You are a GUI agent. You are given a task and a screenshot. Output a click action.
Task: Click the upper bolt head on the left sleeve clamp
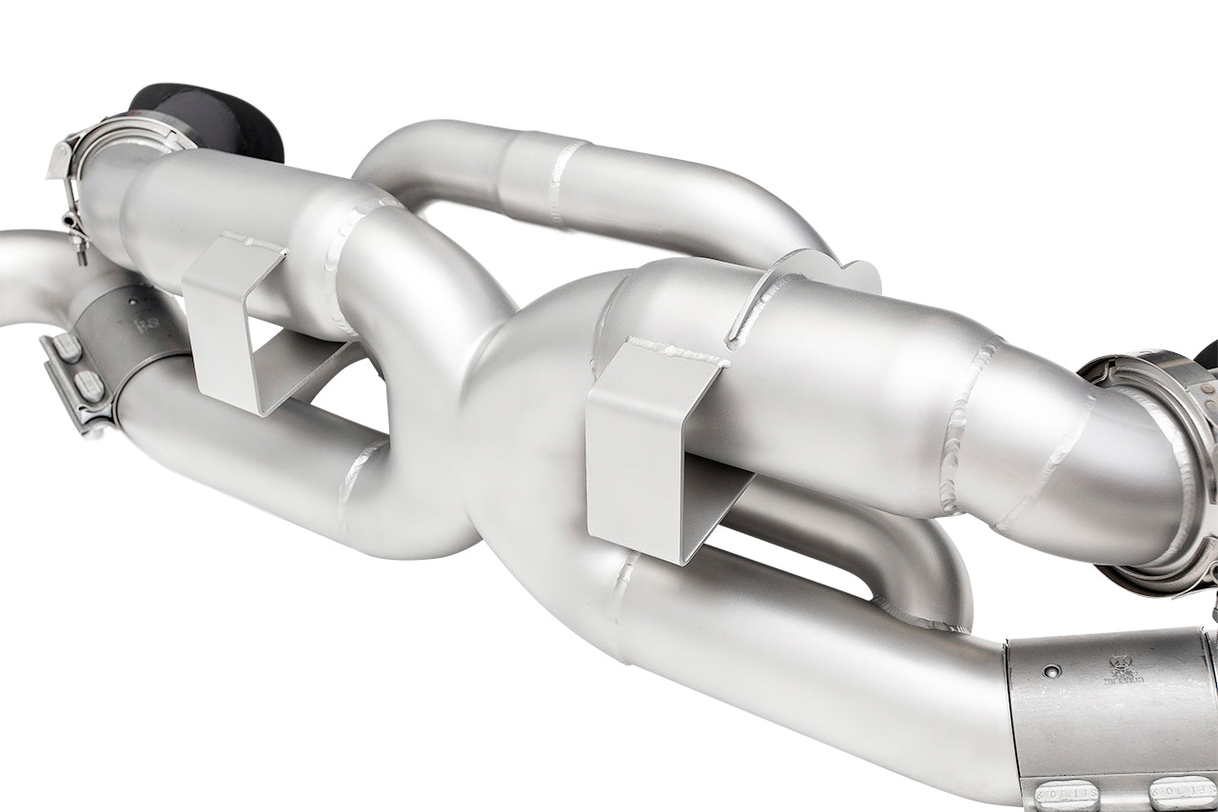(x=68, y=347)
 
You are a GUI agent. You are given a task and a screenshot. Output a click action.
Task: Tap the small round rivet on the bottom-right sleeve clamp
(x=1050, y=671)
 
